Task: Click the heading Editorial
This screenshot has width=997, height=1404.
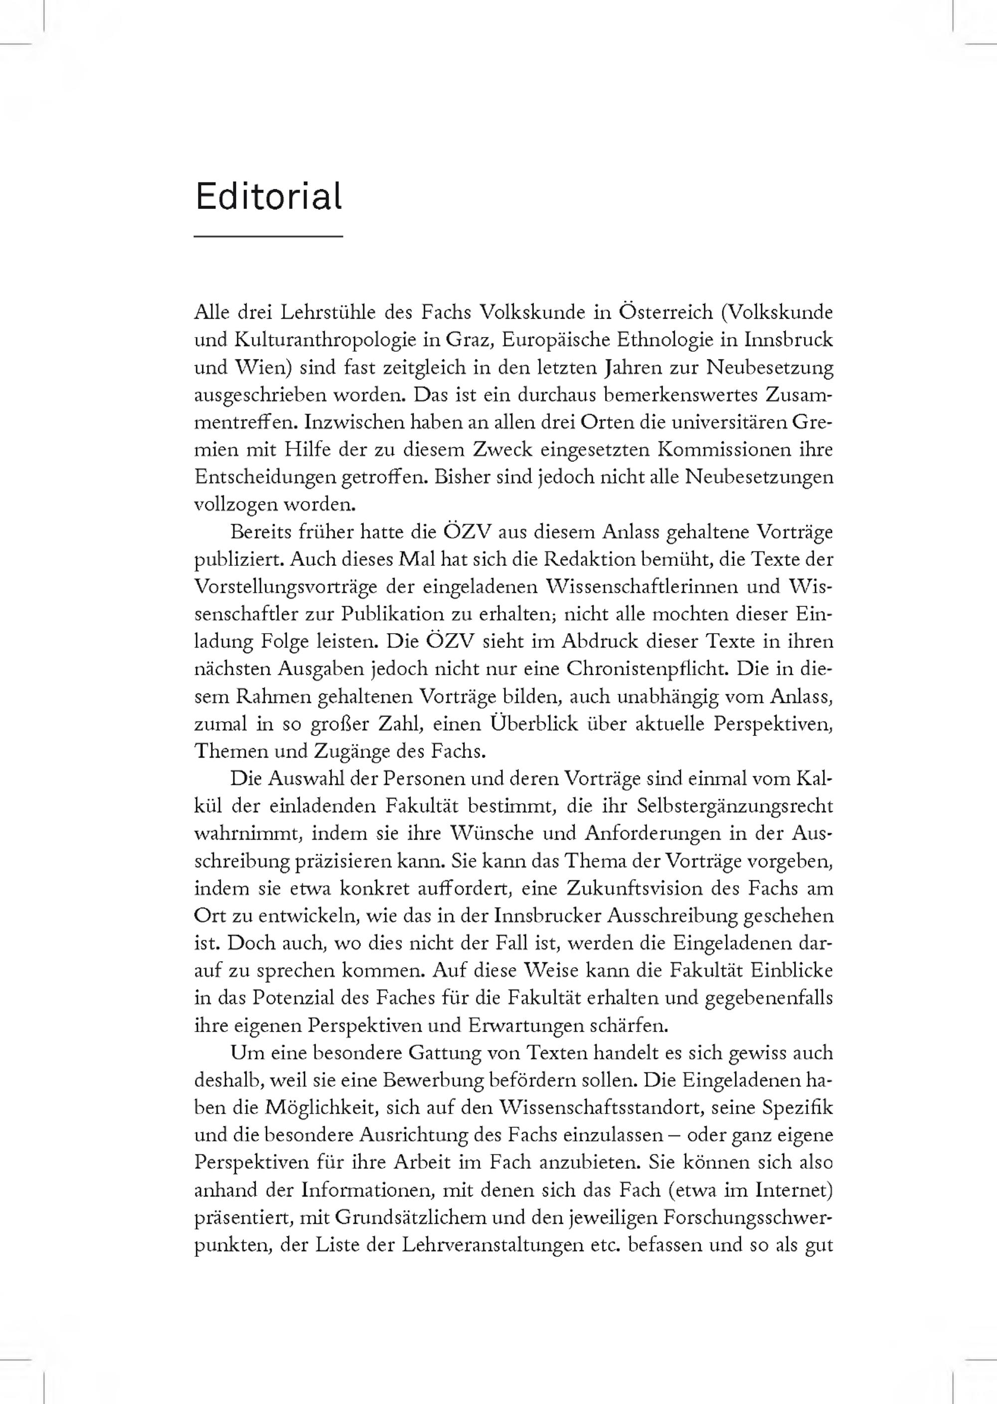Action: tap(268, 197)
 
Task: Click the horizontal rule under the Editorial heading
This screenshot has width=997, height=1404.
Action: tap(268, 236)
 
